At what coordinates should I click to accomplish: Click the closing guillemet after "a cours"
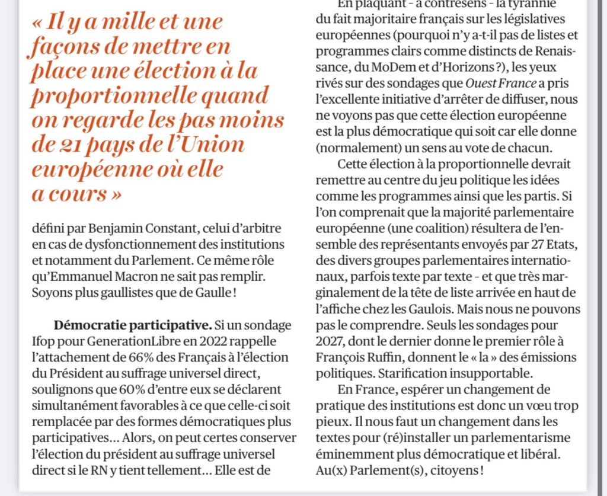(113, 194)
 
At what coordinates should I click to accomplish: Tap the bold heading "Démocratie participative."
(130, 326)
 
